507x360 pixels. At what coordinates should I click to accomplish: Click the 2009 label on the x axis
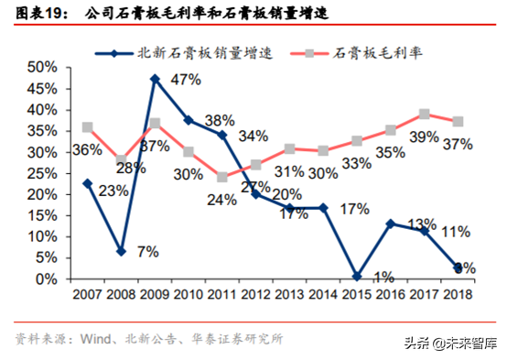click(x=155, y=295)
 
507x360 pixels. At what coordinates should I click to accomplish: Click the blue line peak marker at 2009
click(x=155, y=79)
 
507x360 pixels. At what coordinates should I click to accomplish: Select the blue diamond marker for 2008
click(x=122, y=251)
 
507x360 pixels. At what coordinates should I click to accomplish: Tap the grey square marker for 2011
click(x=222, y=177)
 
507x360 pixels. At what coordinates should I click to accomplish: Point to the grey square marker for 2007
click(x=86, y=127)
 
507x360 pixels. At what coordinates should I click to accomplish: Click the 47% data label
click(x=186, y=80)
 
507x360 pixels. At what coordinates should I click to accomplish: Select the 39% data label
click(x=424, y=136)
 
